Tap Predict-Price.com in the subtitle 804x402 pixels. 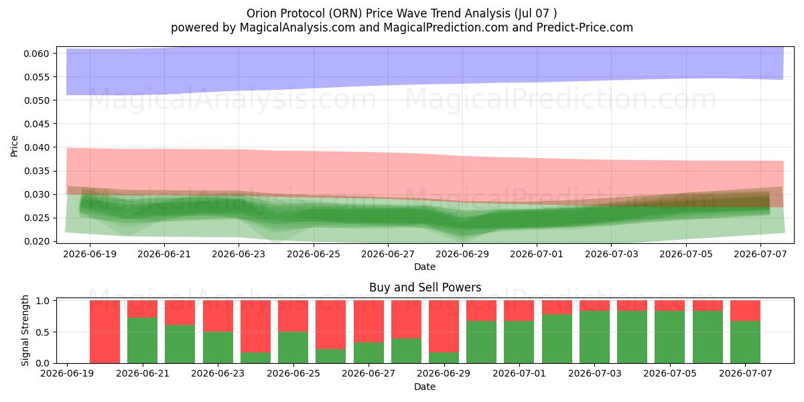(585, 27)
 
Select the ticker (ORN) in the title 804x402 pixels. (344, 13)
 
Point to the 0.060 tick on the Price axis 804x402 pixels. (36, 54)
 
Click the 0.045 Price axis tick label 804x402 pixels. (36, 124)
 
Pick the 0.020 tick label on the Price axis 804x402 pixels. (36, 241)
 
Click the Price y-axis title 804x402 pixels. (14, 146)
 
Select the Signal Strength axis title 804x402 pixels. (25, 330)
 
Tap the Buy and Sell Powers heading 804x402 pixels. (425, 287)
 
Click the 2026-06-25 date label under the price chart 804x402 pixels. (314, 254)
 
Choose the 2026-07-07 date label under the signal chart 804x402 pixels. (746, 373)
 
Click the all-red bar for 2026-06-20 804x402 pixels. (105, 332)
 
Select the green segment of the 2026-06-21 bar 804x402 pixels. (143, 340)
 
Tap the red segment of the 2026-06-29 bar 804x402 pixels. (444, 326)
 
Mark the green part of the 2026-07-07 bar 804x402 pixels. (746, 342)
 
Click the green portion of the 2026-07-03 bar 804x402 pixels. (595, 337)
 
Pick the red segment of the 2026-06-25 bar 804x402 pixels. (293, 316)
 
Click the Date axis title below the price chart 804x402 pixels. (425, 267)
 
